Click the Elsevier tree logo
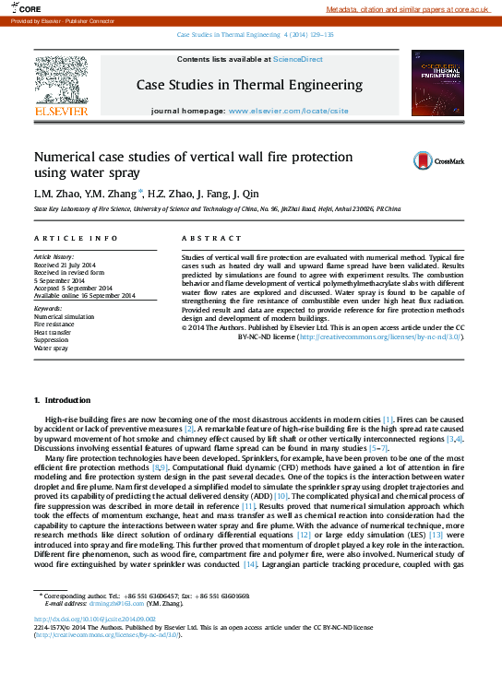[61, 81]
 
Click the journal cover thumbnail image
[437, 83]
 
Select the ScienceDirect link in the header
[297, 59]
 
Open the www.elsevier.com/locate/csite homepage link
[288, 111]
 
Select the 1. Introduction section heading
[62, 400]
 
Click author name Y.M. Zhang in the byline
[114, 195]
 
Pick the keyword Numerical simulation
[64, 316]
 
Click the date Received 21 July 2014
[70, 264]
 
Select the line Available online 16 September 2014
[84, 295]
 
